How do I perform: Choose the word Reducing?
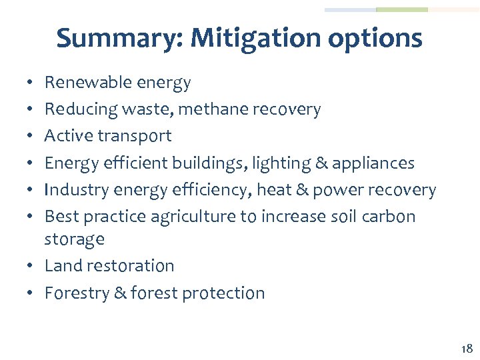(x=75, y=109)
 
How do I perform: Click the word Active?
(x=68, y=135)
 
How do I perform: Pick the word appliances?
(x=377, y=164)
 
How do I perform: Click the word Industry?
(x=73, y=190)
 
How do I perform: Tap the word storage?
(x=74, y=239)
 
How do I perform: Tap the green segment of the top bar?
(x=402, y=10)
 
